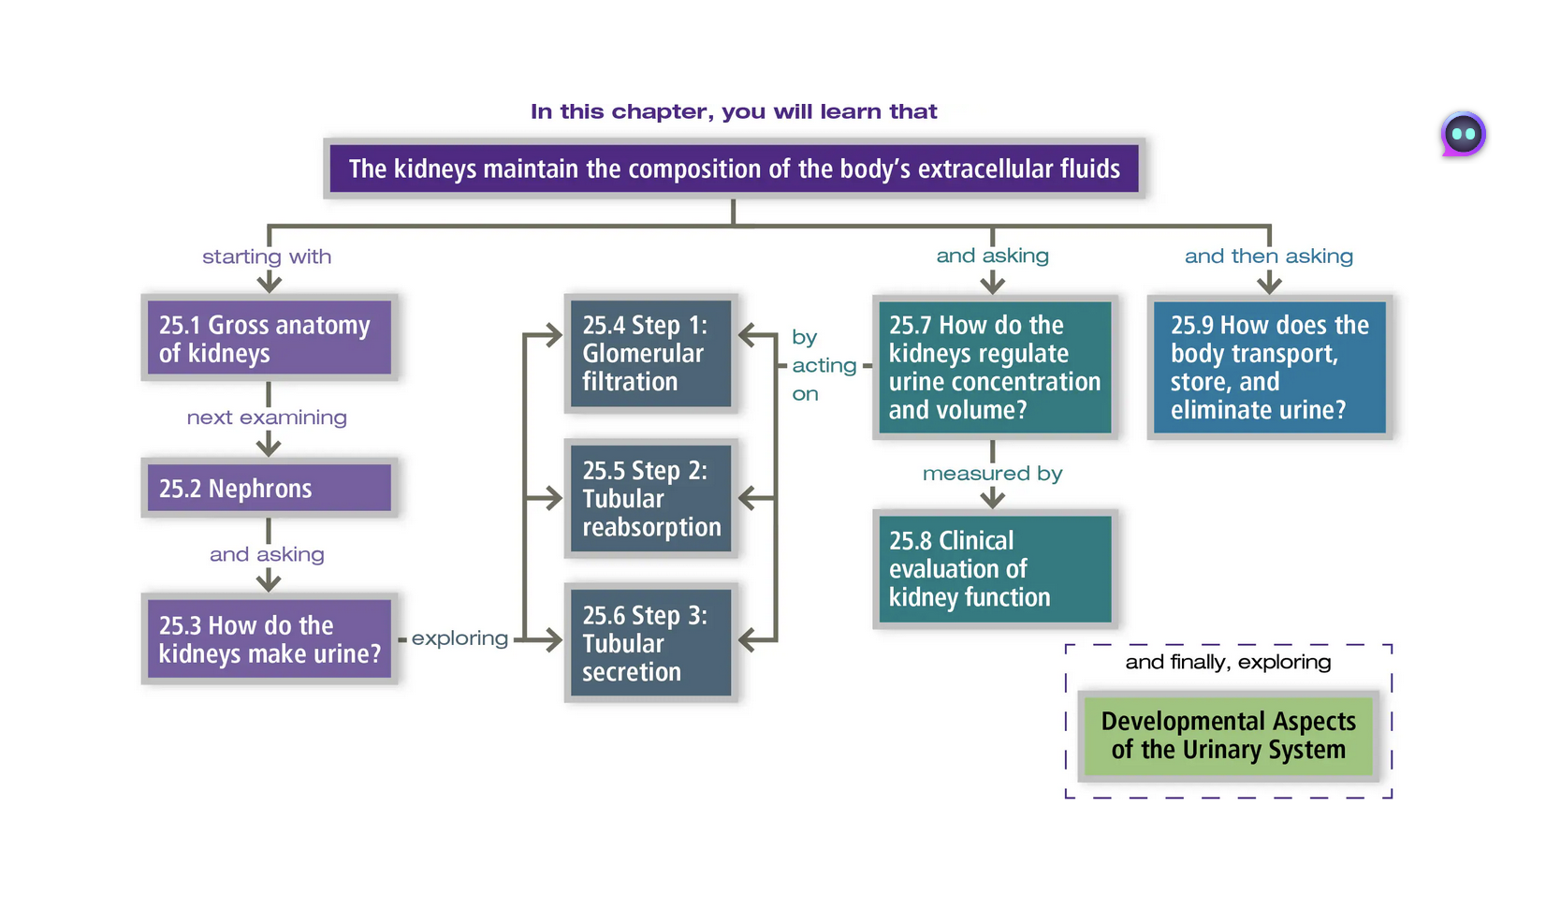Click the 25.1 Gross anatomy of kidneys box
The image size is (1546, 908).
coord(269,338)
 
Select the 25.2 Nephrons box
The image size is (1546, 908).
coord(269,488)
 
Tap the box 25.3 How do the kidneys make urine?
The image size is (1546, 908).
coord(269,638)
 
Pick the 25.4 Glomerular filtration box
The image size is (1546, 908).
coord(650,353)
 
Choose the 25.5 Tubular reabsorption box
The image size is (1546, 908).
coord(650,498)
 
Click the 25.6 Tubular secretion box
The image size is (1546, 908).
coord(650,643)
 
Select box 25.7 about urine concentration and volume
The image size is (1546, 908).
coord(994,367)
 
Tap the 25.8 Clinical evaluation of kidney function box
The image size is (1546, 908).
coord(994,568)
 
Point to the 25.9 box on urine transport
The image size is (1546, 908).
coord(1269,367)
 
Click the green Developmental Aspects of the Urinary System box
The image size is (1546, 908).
coord(1228,736)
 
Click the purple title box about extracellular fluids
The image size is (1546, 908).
coord(734,168)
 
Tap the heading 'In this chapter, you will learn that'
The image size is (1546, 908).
coord(734,111)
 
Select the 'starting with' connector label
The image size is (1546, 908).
coord(267,256)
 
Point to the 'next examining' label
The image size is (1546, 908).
coord(267,417)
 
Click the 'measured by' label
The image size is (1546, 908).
coord(992,474)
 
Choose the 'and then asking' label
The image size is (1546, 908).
coord(1268,256)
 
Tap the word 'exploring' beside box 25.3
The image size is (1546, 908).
coord(459,638)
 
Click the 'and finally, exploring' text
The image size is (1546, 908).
coord(1228,663)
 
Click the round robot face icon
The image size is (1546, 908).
coord(1463,134)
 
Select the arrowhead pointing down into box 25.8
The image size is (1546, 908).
coord(993,500)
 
